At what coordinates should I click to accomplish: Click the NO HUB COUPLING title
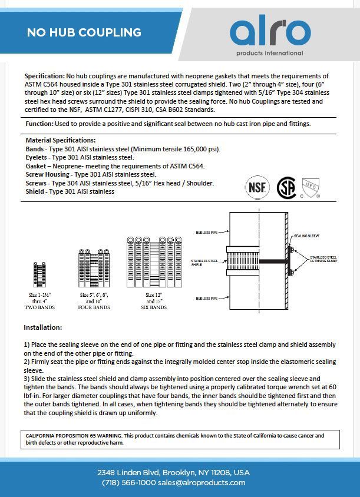click(x=84, y=33)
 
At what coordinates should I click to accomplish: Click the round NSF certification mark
click(x=256, y=187)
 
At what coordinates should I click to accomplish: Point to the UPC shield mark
click(x=310, y=188)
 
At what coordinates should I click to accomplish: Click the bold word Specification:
click(x=45, y=77)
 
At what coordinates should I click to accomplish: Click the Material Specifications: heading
click(x=60, y=140)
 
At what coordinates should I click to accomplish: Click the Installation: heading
click(x=42, y=327)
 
